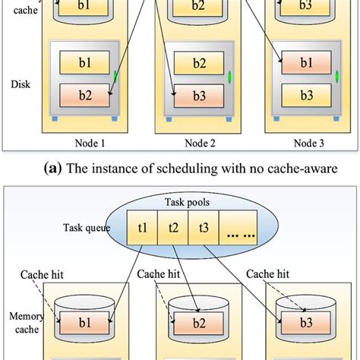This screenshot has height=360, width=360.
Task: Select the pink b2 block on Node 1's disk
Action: tap(84, 96)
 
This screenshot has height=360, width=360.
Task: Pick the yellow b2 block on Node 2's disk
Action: tap(198, 62)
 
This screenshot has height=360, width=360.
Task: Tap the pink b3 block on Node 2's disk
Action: tap(198, 96)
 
